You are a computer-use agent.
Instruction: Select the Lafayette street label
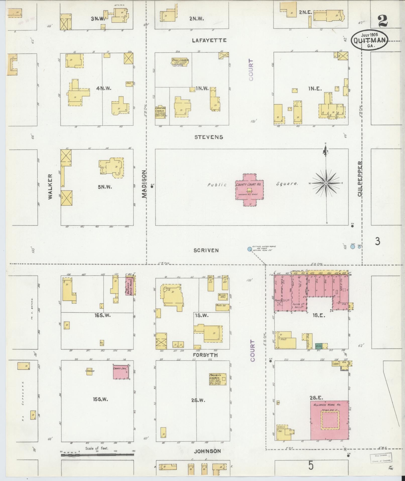(209, 40)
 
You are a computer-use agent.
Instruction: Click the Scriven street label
(206, 250)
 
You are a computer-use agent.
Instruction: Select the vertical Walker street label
(51, 187)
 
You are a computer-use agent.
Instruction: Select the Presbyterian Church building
(217, 379)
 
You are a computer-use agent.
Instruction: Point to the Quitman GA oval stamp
(369, 40)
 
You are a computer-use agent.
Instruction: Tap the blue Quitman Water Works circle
(249, 249)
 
